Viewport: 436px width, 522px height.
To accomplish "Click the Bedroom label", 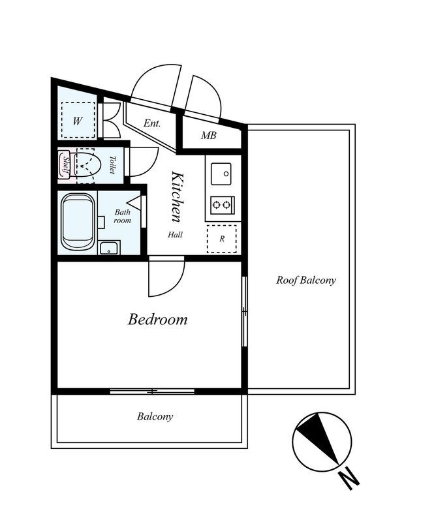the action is [157, 319].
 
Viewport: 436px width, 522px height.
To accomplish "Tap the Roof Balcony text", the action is [305, 280].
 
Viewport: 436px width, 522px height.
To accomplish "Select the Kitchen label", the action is [177, 196].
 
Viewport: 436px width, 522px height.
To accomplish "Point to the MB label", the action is [209, 135].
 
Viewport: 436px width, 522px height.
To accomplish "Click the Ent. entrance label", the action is [152, 123].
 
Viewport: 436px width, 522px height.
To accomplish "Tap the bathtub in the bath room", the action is [78, 221].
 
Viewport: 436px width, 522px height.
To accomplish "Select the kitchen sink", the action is [221, 174].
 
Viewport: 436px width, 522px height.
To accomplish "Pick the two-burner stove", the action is [222, 204].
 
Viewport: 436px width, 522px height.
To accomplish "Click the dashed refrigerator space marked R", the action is [222, 239].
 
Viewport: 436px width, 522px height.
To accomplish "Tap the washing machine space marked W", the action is [78, 121].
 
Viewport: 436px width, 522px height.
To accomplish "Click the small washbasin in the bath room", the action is [109, 248].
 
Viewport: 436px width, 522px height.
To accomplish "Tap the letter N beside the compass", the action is [349, 478].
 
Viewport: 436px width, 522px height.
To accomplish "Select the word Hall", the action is [175, 235].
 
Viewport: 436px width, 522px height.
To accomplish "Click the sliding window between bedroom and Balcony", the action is [152, 391].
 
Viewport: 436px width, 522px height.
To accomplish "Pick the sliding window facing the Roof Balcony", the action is [245, 311].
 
